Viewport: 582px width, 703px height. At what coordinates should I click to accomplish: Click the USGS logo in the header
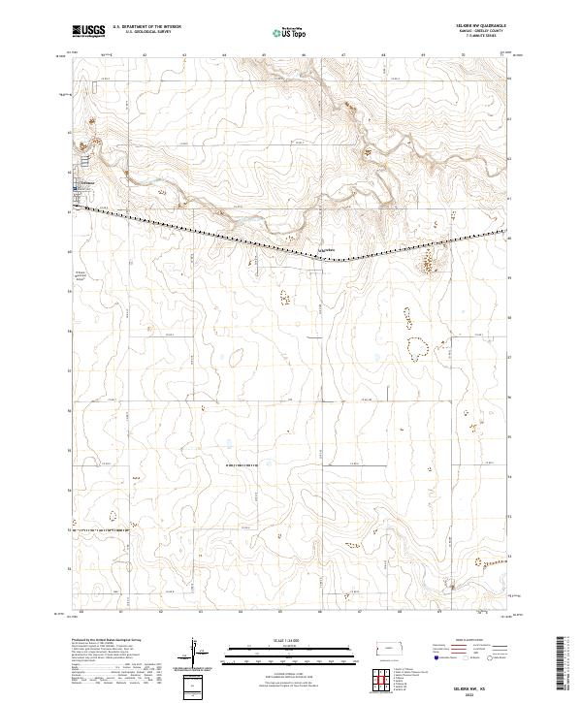(x=88, y=31)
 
